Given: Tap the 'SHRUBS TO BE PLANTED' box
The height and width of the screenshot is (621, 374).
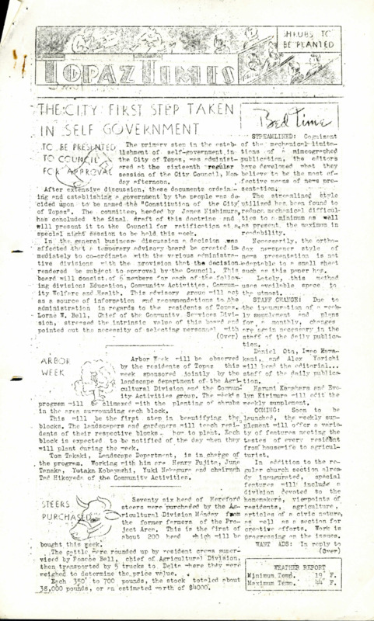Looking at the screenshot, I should click(x=316, y=39).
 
